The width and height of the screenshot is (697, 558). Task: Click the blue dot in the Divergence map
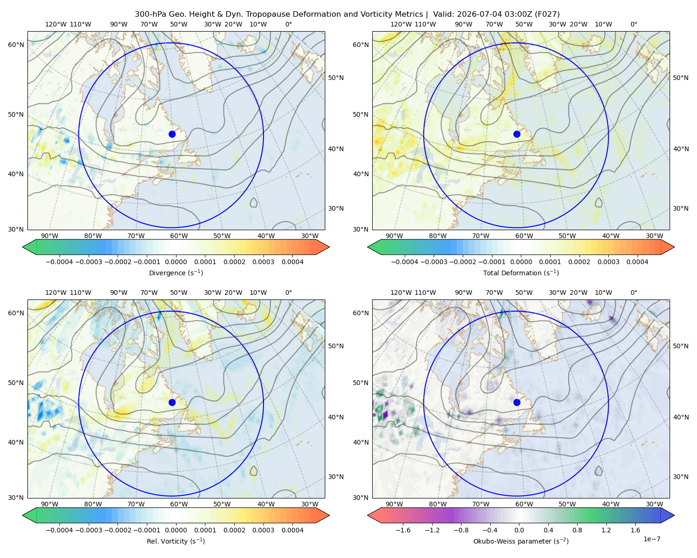pos(172,134)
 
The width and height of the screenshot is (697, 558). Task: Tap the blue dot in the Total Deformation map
pos(517,134)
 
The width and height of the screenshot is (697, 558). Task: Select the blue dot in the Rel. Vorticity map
pos(172,402)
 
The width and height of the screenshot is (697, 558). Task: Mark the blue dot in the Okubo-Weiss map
pos(517,402)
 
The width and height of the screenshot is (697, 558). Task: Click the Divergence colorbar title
pos(176,273)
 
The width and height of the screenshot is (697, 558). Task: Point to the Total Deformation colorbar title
pos(521,273)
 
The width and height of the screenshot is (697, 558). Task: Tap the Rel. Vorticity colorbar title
pos(176,541)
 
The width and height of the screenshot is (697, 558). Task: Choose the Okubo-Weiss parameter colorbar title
pos(521,541)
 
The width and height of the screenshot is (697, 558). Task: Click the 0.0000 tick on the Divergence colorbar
pos(176,262)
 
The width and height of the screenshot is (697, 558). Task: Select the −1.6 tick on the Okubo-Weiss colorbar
pos(403,530)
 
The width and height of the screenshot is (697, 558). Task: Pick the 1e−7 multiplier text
pos(651,539)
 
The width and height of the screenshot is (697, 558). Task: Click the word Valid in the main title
pos(442,14)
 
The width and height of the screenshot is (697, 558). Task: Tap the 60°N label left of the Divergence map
pos(16,45)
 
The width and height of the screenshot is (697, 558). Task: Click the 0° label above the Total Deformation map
pos(633,24)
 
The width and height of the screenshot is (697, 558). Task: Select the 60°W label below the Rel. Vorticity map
pos(179,504)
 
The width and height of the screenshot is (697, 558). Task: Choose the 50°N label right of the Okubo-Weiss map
pos(681,346)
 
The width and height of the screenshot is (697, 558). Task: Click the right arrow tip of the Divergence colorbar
pos(329,247)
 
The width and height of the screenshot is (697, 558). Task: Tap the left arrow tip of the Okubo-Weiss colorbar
pos(368,515)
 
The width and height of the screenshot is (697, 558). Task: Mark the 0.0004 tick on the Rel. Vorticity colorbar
pos(292,530)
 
